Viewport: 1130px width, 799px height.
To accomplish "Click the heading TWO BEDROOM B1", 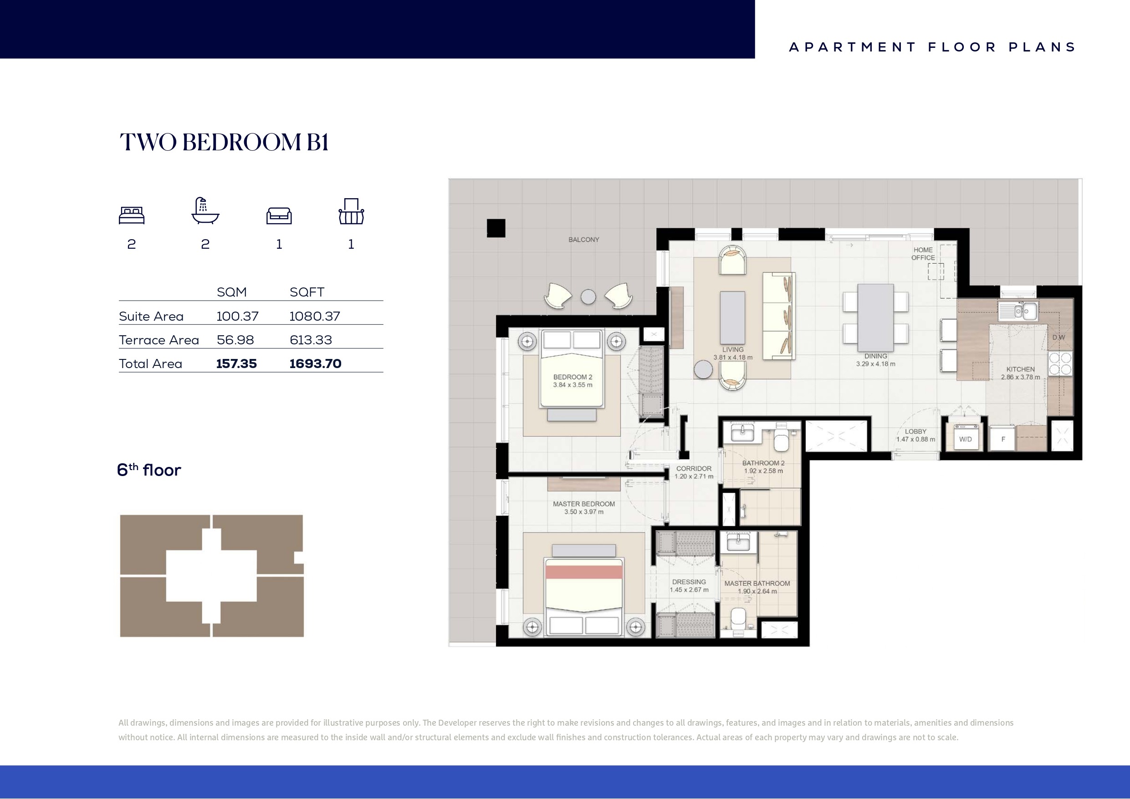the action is (x=224, y=142).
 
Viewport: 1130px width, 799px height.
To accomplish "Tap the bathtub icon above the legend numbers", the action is (x=205, y=211).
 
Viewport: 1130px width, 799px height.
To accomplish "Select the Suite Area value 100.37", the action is (x=237, y=316).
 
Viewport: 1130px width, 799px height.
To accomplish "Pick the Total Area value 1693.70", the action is (x=315, y=364).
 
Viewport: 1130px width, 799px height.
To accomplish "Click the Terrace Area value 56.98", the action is (x=235, y=340).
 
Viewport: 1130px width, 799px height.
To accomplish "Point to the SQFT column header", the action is (x=307, y=292).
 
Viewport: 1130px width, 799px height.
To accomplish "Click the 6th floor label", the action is (x=148, y=470).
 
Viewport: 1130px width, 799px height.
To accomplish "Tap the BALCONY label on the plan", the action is (x=584, y=240).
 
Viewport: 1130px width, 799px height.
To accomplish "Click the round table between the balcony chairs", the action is (x=588, y=297).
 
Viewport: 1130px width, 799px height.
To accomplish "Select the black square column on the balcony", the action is (x=496, y=228).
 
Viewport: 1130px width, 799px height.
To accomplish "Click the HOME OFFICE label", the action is (x=923, y=254).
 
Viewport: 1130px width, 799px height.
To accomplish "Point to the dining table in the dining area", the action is (x=875, y=318).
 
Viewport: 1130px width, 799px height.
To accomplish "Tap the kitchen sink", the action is (x=1018, y=311).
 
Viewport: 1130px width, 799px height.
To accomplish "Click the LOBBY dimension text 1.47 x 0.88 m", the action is (x=915, y=440).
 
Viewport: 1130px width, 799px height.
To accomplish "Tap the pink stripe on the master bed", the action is (x=584, y=572).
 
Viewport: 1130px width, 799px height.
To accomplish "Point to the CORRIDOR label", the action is (x=694, y=469).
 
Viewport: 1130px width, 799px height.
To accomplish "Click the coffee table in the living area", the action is (x=732, y=318).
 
